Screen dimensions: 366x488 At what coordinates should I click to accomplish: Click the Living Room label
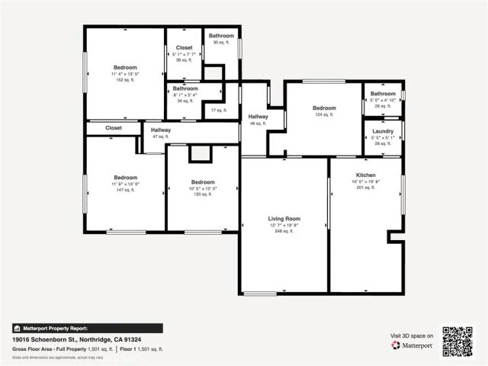point(284,218)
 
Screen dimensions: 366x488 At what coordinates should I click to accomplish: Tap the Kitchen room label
point(366,175)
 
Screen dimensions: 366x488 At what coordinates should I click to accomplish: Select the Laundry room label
point(383,131)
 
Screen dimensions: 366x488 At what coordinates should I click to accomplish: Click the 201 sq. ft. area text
point(366,188)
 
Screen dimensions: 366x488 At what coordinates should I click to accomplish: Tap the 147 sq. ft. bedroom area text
point(125,190)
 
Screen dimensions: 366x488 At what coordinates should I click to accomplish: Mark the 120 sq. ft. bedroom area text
point(203,194)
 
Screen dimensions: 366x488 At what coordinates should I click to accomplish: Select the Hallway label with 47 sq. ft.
point(160,130)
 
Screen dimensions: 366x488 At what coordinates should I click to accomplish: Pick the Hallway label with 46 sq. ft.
point(258,116)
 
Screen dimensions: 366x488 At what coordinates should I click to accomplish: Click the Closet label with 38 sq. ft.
point(184,47)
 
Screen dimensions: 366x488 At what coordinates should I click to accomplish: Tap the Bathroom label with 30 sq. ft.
point(221,36)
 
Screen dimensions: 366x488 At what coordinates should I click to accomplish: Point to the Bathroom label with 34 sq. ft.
point(185,88)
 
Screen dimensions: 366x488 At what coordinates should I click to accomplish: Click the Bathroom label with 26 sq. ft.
point(383,94)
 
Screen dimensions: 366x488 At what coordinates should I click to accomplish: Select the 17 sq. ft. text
point(219,111)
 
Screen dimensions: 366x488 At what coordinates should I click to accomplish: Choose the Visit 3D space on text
point(412,335)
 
